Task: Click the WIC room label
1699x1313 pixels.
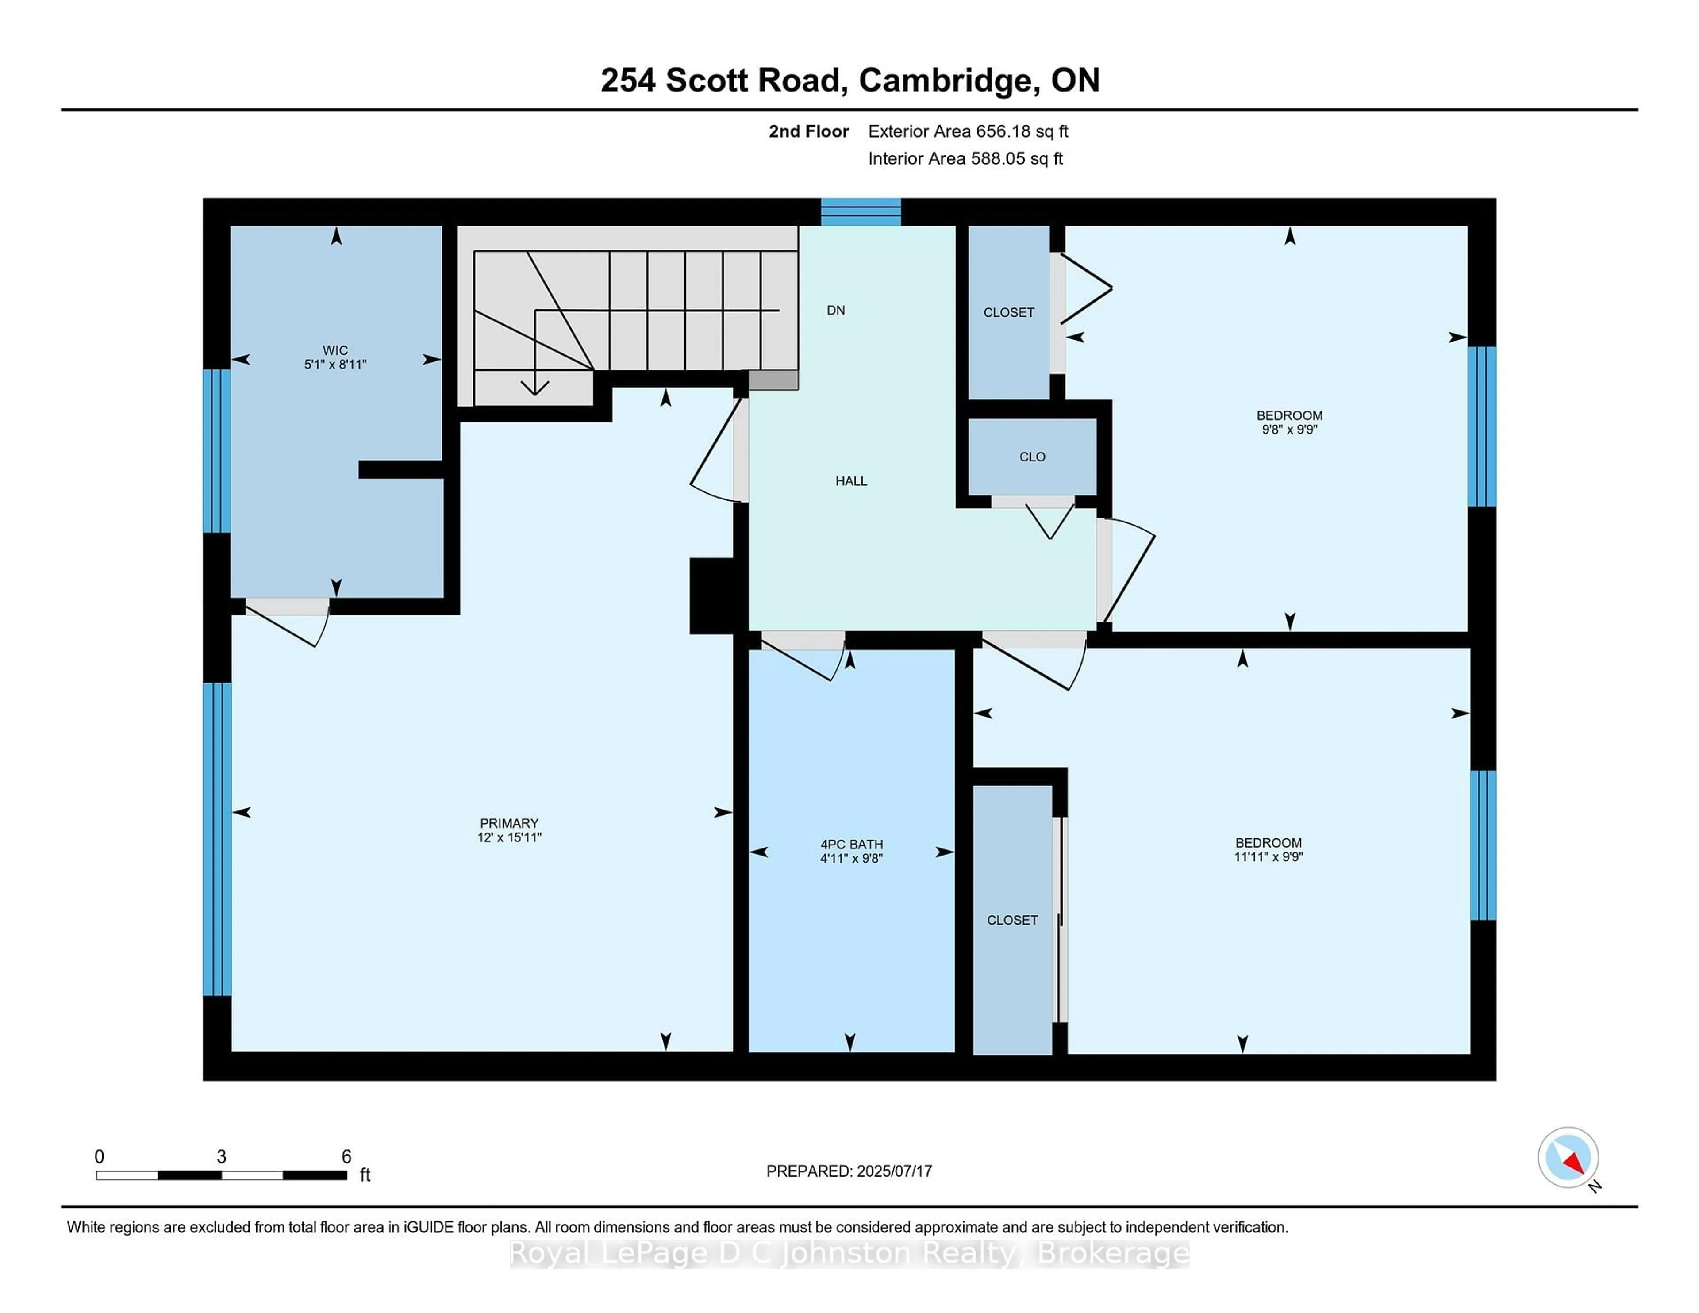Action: point(335,350)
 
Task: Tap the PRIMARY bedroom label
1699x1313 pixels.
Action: point(509,823)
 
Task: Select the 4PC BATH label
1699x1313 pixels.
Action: point(851,844)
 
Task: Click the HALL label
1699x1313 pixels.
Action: point(851,481)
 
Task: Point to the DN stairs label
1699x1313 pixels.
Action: point(835,311)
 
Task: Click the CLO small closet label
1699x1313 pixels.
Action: point(1032,457)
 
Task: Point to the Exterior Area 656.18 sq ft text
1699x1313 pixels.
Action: point(968,131)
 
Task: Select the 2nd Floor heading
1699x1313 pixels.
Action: point(808,131)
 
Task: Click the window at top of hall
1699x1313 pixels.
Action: point(861,211)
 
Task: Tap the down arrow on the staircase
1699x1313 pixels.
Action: point(534,384)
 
